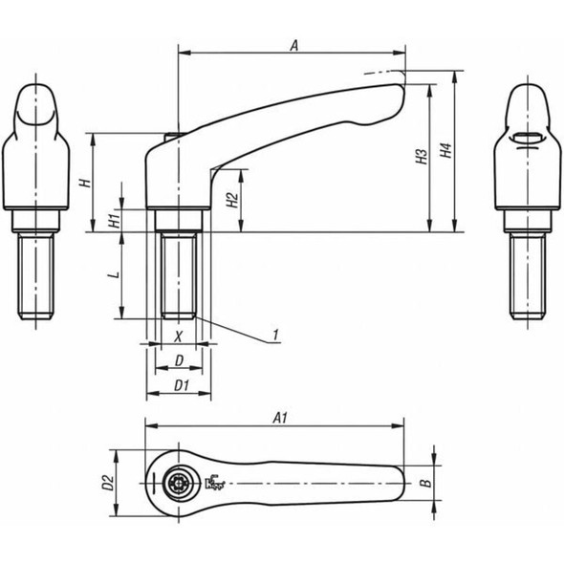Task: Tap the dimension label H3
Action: tap(421, 159)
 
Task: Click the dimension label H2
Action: tap(231, 200)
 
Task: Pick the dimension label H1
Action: tap(113, 219)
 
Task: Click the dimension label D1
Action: tap(179, 384)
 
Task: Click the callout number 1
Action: tap(274, 335)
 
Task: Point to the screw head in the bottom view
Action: tap(179, 484)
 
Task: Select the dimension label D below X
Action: tap(179, 360)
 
